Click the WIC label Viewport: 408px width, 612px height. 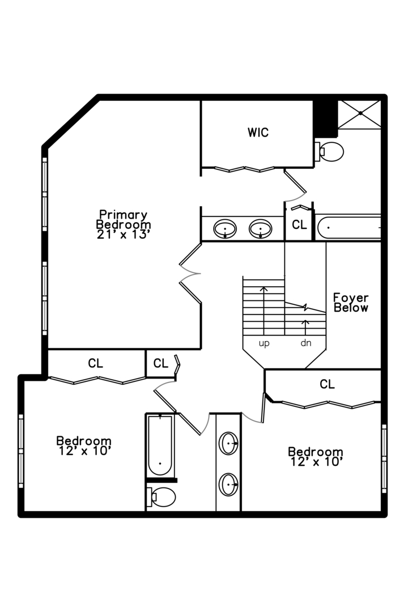[x=258, y=133]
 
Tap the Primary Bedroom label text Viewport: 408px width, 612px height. [x=123, y=219]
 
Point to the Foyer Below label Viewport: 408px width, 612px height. [x=351, y=303]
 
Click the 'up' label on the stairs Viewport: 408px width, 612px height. [x=264, y=343]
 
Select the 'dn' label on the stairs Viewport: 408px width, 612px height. [x=305, y=343]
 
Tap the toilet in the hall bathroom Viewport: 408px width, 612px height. [x=161, y=497]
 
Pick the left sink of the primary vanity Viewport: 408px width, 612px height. [x=226, y=229]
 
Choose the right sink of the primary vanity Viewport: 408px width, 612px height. [x=261, y=229]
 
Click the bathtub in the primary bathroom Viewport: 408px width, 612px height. [x=348, y=228]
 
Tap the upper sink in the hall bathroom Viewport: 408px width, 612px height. [x=229, y=444]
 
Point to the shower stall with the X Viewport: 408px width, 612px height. [x=359, y=114]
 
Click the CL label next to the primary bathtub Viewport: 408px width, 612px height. [x=299, y=225]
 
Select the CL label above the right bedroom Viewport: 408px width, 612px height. [x=327, y=384]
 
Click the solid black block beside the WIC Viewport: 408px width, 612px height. [x=325, y=118]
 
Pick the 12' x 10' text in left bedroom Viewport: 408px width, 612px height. [x=84, y=451]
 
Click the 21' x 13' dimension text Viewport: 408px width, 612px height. [x=123, y=233]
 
